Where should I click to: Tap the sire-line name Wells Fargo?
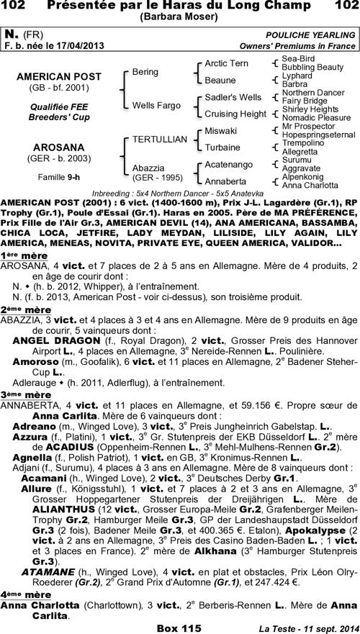[156, 105]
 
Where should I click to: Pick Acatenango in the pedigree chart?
[229, 165]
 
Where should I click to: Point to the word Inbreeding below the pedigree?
[114, 194]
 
